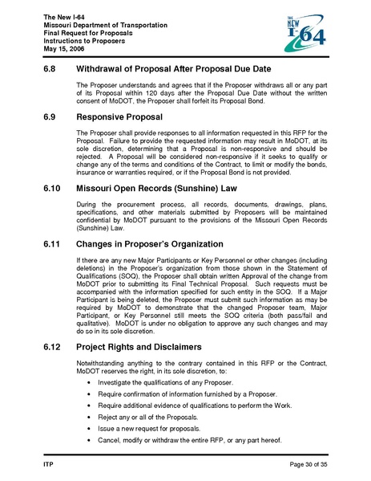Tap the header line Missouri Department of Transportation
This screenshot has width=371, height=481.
(105, 26)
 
